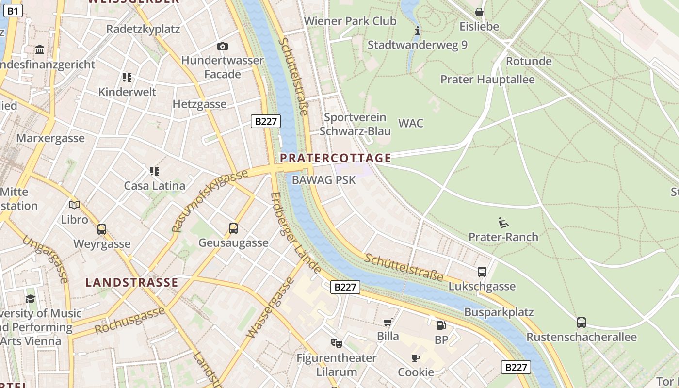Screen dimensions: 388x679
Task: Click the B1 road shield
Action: pos(13,10)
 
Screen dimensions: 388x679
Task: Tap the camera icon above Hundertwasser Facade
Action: pos(223,46)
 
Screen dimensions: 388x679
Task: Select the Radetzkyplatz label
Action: pos(143,29)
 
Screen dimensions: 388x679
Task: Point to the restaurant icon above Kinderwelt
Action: pos(127,77)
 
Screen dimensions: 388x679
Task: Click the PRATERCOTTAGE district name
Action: pos(336,158)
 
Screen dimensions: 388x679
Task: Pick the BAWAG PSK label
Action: pos(323,180)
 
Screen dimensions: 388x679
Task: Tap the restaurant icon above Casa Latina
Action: pos(155,171)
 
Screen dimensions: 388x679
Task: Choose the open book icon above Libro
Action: pos(74,205)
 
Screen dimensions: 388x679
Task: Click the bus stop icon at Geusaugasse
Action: pos(233,228)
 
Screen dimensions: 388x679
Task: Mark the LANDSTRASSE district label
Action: pos(132,282)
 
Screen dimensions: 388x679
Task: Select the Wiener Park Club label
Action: pos(350,21)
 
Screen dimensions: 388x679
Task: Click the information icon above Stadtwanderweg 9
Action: pos(417,31)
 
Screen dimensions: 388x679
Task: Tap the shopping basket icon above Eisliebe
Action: pos(479,12)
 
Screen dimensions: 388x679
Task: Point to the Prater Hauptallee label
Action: pos(487,80)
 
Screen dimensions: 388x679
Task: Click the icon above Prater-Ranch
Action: pos(503,223)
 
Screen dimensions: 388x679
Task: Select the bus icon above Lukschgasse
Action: pos(482,272)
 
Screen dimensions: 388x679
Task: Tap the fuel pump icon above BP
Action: pos(441,325)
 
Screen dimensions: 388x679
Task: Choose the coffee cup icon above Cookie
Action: pos(416,358)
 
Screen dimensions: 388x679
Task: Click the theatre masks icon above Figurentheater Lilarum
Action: pos(336,343)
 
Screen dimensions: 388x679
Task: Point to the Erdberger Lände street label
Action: pos(295,232)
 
